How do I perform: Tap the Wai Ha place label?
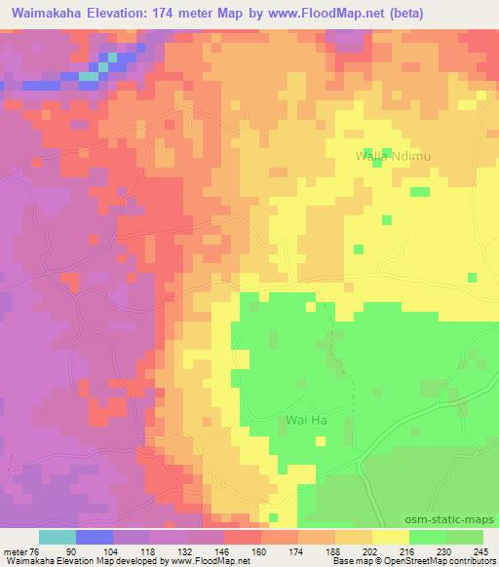pyautogui.click(x=298, y=421)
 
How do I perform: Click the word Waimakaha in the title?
pyautogui.click(x=48, y=15)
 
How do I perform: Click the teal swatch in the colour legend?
pyautogui.click(x=58, y=538)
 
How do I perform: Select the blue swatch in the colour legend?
pyautogui.click(x=95, y=538)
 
